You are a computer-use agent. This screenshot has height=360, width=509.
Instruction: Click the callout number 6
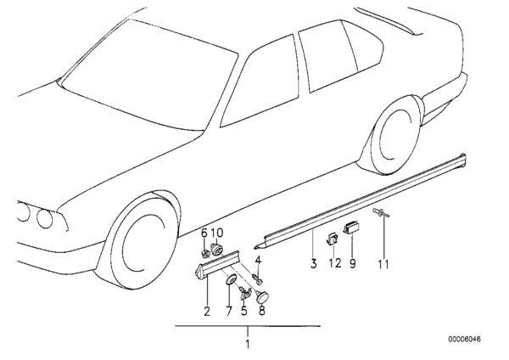[204, 233]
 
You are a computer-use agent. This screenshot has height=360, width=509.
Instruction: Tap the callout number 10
[217, 233]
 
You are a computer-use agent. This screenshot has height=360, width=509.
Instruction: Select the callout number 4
[258, 260]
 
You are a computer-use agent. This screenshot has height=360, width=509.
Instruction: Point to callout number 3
[313, 263]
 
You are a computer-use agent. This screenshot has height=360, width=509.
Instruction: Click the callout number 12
[335, 263]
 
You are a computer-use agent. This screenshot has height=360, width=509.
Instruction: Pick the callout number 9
[353, 263]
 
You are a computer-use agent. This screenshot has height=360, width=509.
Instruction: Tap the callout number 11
[383, 264]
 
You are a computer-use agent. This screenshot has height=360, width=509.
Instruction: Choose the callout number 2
[207, 311]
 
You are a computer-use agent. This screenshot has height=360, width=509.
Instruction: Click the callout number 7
[229, 311]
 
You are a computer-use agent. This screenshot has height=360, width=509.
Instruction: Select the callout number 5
[243, 311]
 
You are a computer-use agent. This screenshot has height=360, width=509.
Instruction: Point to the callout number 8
[261, 311]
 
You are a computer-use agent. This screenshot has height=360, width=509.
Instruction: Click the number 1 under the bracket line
[248, 344]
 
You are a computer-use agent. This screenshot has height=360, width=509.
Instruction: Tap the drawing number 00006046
[465, 340]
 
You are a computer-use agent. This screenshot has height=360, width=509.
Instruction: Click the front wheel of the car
[140, 241]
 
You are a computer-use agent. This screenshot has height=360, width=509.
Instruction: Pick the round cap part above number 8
[262, 297]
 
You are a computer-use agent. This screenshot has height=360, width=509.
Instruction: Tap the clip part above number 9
[351, 227]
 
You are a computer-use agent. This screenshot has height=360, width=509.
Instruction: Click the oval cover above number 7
[231, 278]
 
